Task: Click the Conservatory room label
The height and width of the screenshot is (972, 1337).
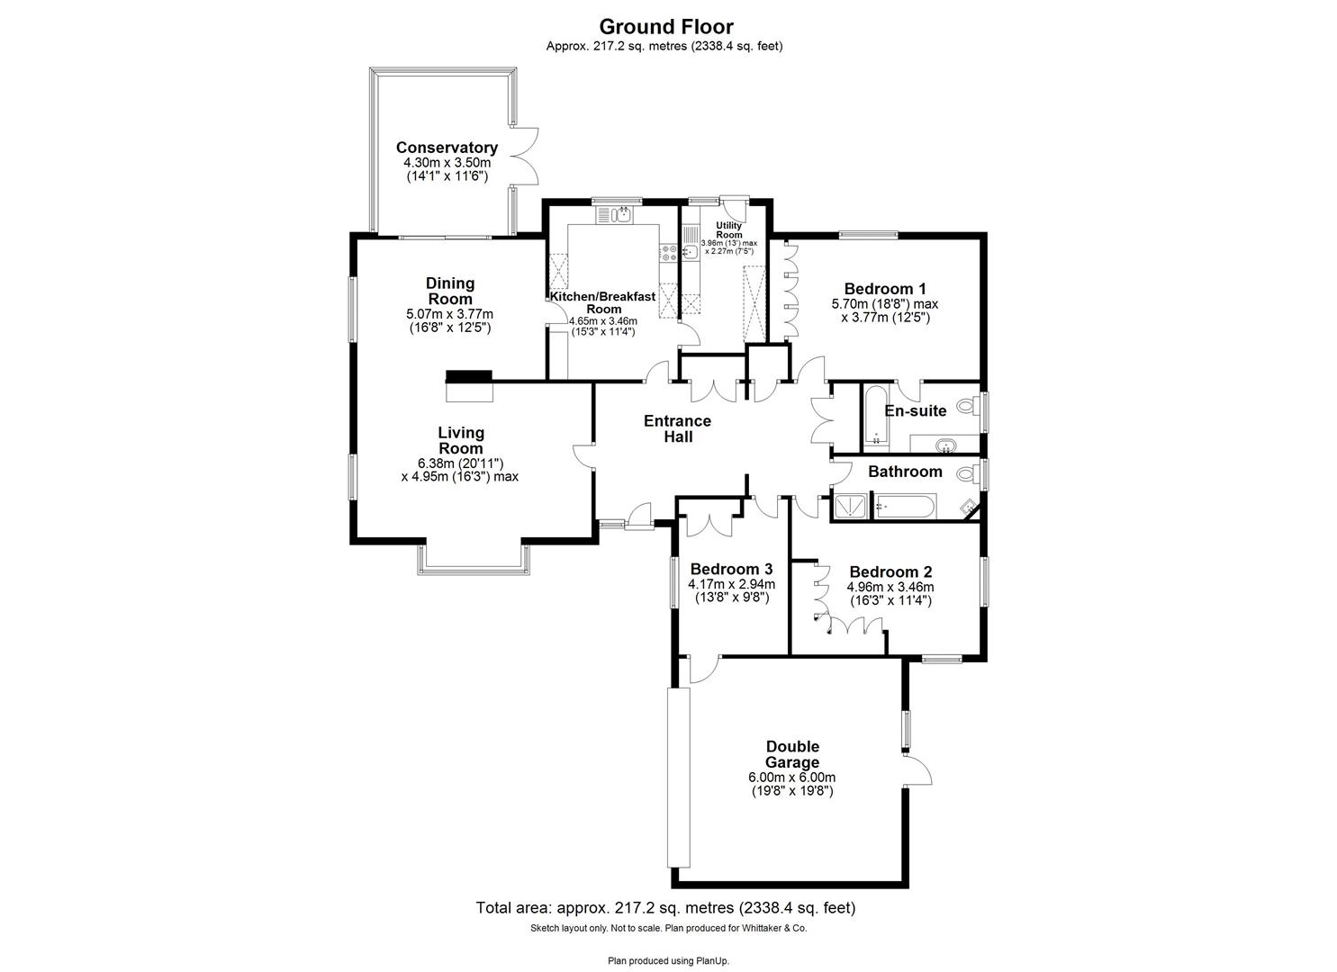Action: pos(447,148)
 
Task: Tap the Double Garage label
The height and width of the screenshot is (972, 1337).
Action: pos(792,754)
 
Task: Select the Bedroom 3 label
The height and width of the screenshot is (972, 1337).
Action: pos(731,569)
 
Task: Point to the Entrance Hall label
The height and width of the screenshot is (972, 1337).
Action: pos(677,428)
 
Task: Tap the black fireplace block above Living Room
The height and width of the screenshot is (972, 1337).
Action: pos(470,377)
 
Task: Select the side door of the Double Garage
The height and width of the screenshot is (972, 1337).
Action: pos(917,772)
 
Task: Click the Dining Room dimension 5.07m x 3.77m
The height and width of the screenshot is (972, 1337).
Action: pos(450,314)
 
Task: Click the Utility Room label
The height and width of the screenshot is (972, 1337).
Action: pos(728,229)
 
